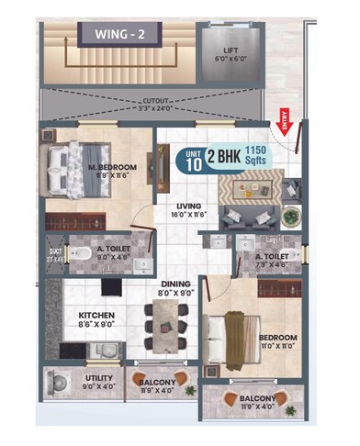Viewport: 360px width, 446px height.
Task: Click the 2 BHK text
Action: [x=225, y=158]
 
